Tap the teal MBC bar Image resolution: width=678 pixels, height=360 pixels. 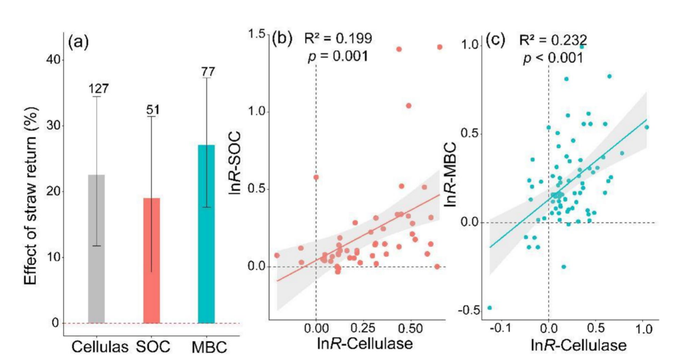pyautogui.click(x=206, y=234)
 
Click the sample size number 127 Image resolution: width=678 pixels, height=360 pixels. pyautogui.click(x=99, y=89)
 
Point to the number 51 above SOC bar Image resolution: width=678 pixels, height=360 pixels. pyautogui.click(x=153, y=110)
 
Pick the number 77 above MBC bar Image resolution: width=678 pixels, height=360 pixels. pyautogui.click(x=208, y=72)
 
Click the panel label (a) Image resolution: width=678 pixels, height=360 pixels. pyautogui.click(x=78, y=42)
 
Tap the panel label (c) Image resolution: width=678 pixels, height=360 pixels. pyautogui.click(x=495, y=40)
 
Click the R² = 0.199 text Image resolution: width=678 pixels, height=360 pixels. pyautogui.click(x=338, y=38)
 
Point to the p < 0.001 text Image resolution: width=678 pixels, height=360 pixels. pyautogui.click(x=553, y=58)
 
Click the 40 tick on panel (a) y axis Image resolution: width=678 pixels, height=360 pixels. pyautogui.click(x=53, y=60)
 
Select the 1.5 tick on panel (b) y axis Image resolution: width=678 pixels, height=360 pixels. pyautogui.click(x=257, y=34)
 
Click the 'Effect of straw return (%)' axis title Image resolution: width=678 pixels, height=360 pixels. pyautogui.click(x=31, y=195)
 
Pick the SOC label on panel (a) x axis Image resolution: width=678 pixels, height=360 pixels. pyautogui.click(x=153, y=347)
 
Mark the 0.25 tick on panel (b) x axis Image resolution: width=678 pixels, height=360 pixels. pyautogui.click(x=363, y=328)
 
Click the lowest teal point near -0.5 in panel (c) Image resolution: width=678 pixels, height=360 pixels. pyautogui.click(x=490, y=308)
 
